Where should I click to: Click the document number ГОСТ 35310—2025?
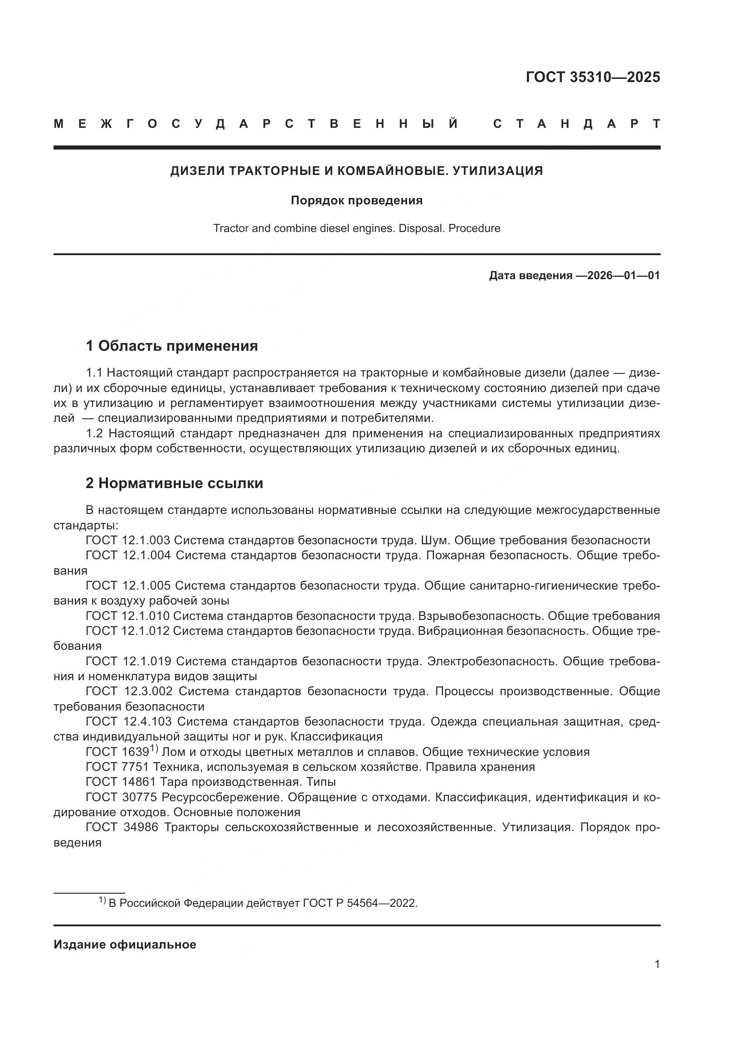593,77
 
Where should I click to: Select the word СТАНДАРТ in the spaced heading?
576,124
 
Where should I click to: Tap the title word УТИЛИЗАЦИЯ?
497,171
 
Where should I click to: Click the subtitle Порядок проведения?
356,200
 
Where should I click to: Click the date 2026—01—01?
623,276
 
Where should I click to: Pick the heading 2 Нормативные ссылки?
175,483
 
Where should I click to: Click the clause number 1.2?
95,434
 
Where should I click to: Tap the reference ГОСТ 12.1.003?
128,540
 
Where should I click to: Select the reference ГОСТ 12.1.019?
128,661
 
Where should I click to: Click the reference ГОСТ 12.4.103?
129,721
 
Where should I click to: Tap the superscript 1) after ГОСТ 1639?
154,748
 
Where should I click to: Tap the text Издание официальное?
125,944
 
